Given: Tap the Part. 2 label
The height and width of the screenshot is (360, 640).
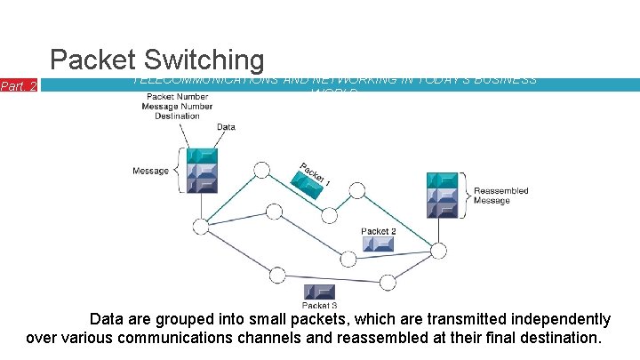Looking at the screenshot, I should pyautogui.click(x=19, y=86).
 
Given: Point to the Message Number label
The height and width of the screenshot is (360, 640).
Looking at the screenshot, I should pyautogui.click(x=177, y=107).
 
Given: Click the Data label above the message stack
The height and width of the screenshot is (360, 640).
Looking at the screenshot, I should pyautogui.click(x=226, y=127).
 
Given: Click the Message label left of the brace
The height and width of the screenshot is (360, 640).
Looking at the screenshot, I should pyautogui.click(x=150, y=171).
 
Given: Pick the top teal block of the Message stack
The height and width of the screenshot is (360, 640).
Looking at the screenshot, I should pyautogui.click(x=202, y=154).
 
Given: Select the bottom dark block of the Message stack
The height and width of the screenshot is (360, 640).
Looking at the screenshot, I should pyautogui.click(x=202, y=185).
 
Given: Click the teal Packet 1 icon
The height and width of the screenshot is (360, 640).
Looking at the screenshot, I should pyautogui.click(x=307, y=185).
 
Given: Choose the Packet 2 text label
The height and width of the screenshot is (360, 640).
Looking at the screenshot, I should pyautogui.click(x=379, y=231).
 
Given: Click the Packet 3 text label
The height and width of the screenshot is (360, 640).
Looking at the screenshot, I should pyautogui.click(x=319, y=306).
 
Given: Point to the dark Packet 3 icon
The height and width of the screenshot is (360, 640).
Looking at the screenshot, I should pyautogui.click(x=319, y=292).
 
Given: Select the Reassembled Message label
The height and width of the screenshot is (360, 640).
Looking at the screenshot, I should pyautogui.click(x=500, y=196).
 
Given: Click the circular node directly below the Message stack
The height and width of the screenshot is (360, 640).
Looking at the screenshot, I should pyautogui.click(x=202, y=227).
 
